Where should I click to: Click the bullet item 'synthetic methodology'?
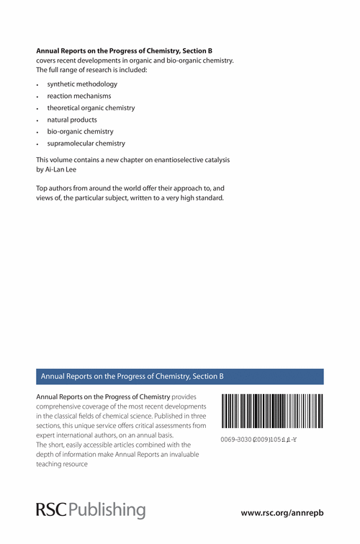click(82, 84)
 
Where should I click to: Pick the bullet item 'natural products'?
click(72, 119)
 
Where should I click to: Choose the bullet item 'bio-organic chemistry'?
click(81, 131)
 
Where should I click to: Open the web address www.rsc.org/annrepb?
click(282, 513)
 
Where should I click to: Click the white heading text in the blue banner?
click(132, 376)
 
